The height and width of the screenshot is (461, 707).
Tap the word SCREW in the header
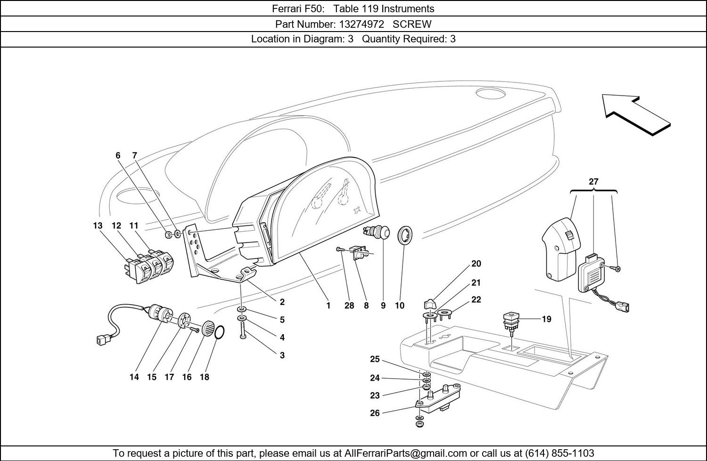click(412, 24)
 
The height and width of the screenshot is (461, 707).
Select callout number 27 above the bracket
click(593, 182)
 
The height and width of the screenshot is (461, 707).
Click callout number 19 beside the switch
click(546, 319)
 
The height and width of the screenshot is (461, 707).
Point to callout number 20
click(476, 264)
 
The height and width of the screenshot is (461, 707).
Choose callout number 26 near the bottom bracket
click(375, 413)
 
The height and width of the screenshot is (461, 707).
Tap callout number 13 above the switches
click(98, 226)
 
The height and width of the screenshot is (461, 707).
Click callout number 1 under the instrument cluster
click(329, 306)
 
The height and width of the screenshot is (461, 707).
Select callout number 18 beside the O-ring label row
click(204, 377)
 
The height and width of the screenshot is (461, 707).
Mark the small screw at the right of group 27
click(617, 268)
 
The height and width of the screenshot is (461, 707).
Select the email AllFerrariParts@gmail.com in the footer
click(405, 453)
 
